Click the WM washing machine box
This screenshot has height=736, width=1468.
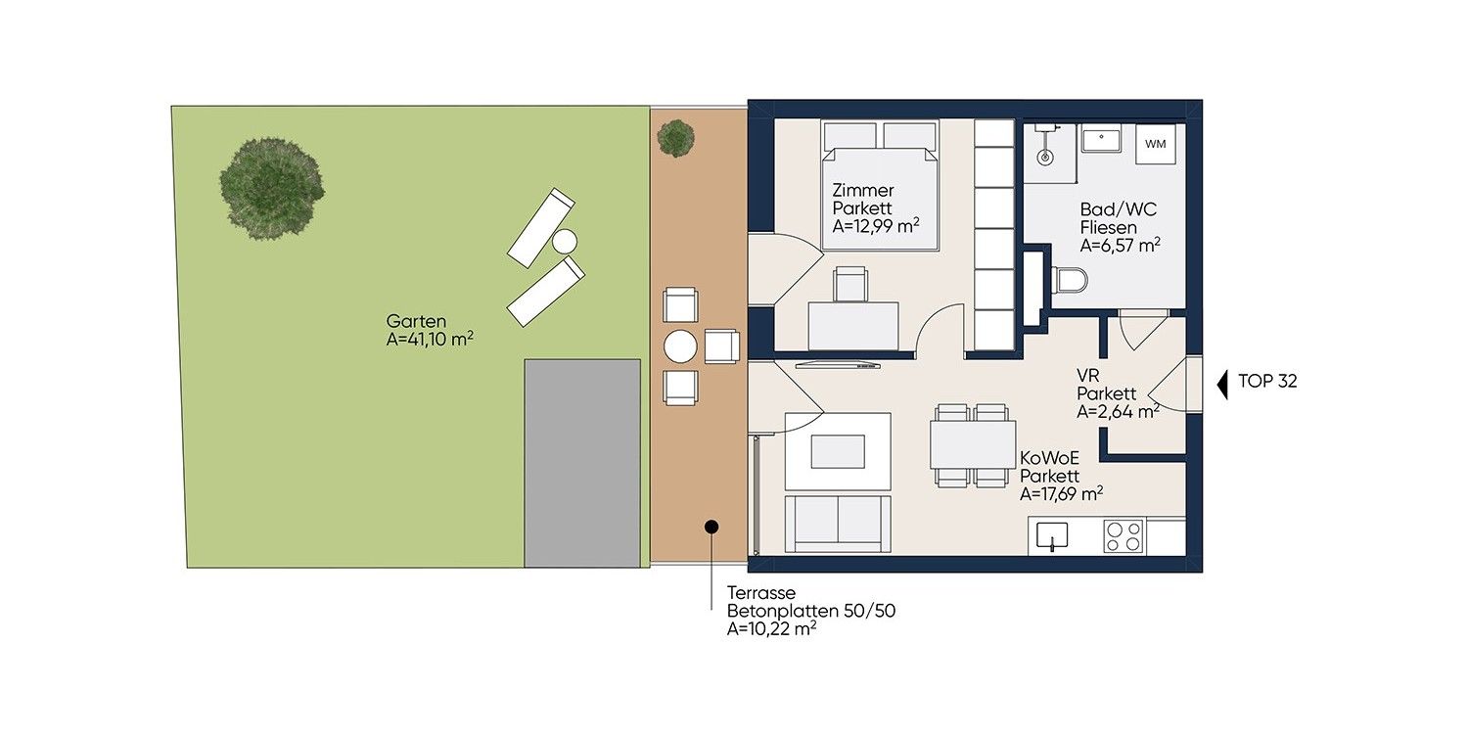(1156, 144)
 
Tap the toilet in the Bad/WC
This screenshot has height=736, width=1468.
(1069, 280)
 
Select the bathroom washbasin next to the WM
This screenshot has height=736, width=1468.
(1101, 140)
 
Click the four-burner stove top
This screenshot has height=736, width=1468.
(1124, 536)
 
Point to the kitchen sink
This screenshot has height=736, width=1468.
(1052, 536)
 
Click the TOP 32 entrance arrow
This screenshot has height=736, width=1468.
(1222, 385)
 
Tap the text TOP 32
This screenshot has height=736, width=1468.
(1267, 382)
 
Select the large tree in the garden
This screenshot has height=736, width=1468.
(271, 189)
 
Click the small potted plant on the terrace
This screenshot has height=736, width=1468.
(675, 138)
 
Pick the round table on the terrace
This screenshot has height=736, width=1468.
(680, 346)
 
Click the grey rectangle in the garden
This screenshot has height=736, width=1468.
(582, 463)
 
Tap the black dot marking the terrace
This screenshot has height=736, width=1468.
(711, 527)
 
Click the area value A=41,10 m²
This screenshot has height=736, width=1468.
(430, 340)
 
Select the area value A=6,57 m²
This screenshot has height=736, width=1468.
(1120, 245)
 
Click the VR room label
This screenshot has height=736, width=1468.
(1088, 376)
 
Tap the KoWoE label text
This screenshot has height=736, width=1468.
(1049, 458)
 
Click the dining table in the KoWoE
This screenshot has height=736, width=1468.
(973, 445)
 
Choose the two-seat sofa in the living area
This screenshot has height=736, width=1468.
(838, 525)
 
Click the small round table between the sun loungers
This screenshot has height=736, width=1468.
(565, 242)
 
